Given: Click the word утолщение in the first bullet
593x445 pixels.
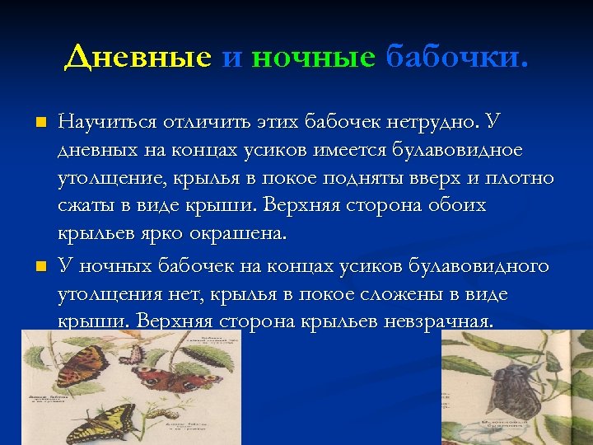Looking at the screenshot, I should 107,179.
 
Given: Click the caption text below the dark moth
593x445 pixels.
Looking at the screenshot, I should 504,423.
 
